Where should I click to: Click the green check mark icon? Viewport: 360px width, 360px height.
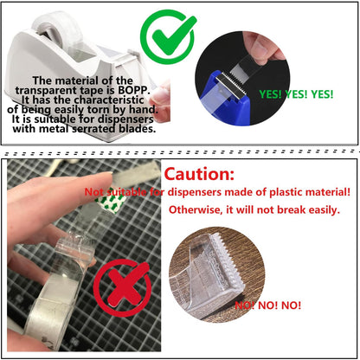tap(168, 36)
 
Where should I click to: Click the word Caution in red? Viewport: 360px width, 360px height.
tap(199, 174)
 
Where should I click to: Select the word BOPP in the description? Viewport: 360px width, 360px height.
tap(134, 90)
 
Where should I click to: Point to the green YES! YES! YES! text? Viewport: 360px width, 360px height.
tap(296, 94)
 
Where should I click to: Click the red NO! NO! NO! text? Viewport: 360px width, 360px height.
tap(268, 305)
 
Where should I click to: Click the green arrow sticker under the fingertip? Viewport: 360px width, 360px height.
tap(112, 202)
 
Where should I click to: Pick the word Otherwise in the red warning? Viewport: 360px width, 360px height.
tap(194, 209)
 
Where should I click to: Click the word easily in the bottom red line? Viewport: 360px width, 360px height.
tap(323, 209)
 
